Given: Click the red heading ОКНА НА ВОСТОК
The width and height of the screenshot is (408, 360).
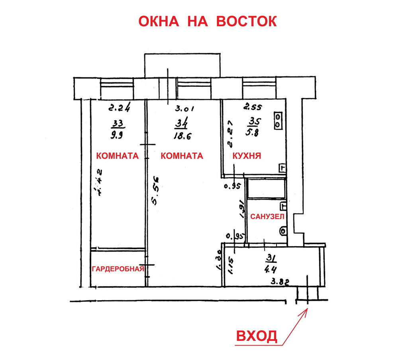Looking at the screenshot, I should [207, 21].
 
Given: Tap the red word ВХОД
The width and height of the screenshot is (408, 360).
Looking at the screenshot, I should [257, 336].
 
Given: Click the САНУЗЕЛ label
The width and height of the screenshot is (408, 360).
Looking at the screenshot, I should [267, 217].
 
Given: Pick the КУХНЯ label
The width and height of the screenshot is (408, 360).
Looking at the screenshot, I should [247, 156].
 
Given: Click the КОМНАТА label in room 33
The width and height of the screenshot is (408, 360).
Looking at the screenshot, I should [117, 156].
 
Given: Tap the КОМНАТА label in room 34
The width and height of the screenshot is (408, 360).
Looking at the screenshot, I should [182, 156].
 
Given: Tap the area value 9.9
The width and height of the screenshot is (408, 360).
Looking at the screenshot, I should [118, 135].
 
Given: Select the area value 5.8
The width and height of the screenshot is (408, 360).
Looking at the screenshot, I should [253, 134].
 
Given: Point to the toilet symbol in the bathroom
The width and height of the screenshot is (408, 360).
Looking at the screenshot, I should [283, 231].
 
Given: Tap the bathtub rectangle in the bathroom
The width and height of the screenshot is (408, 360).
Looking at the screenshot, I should [266, 189].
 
